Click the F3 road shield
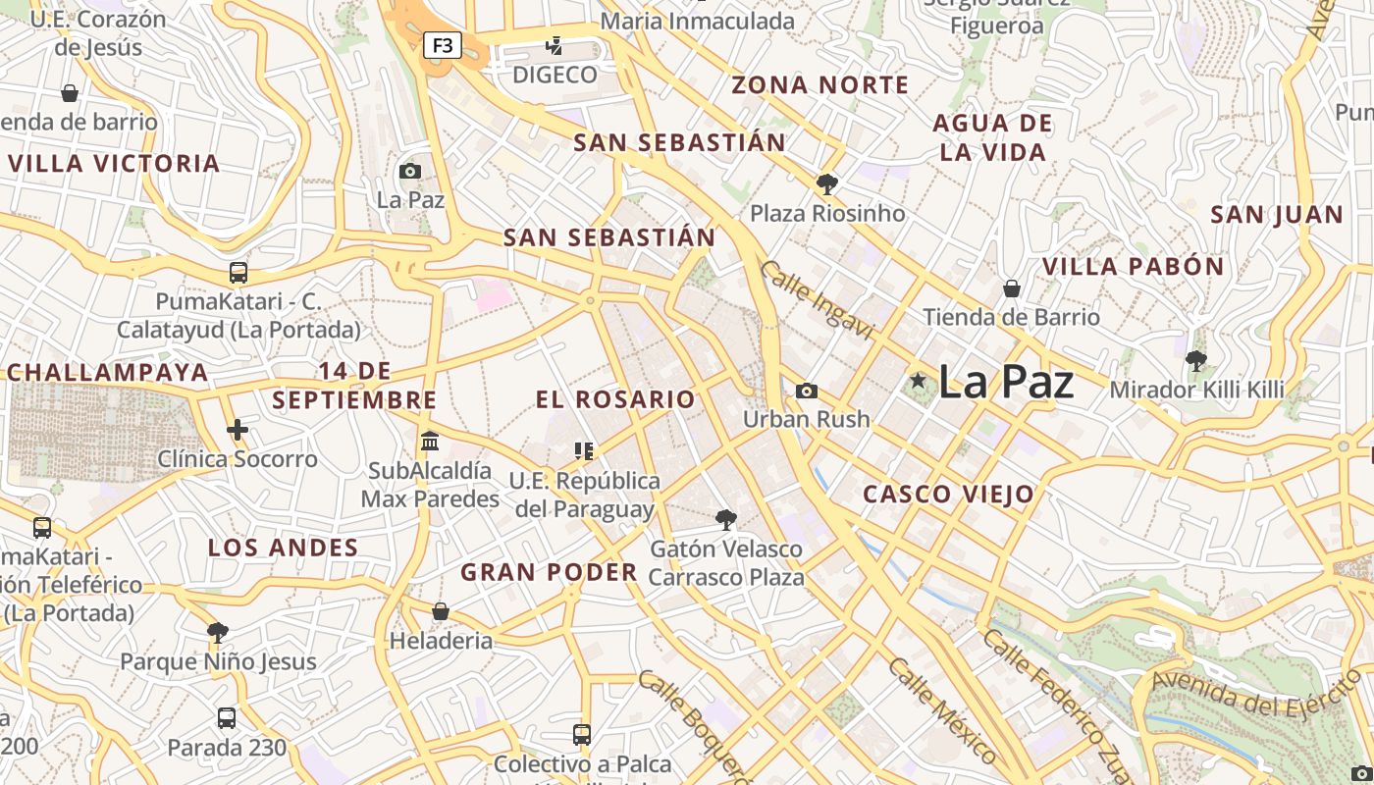pos(443,45)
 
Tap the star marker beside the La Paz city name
pos(918,381)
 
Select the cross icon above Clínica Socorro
pos(237,430)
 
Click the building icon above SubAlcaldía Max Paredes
pos(430,442)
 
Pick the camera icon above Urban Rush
pos(806,392)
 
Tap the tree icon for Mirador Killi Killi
pos(1195,361)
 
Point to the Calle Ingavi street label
pos(817,300)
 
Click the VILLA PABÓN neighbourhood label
pos(1133,267)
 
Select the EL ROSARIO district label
pos(615,399)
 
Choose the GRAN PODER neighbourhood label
pos(550,572)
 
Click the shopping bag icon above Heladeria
pos(441,611)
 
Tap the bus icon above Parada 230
pos(227,718)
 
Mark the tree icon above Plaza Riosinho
pos(827,183)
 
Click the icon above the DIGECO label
pos(555,45)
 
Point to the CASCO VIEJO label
pos(948,495)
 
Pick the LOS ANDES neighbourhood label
pos(283,548)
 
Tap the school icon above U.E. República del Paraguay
pos(584,451)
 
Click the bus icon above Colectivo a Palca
pos(582,734)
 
